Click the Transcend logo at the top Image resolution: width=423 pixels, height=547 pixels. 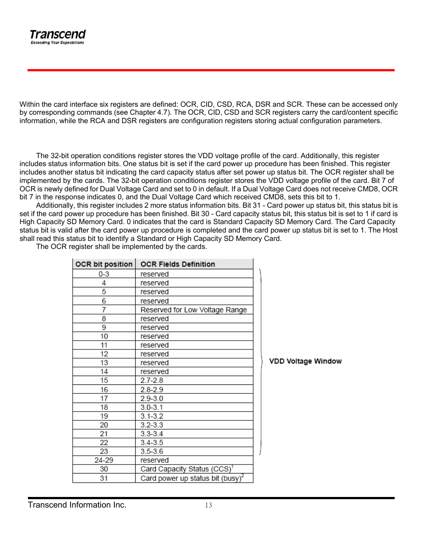click(58, 35)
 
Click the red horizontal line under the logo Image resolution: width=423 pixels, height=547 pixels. click(211, 70)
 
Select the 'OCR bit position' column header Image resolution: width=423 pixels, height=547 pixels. click(104, 264)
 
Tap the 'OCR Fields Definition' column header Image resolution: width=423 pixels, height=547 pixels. click(177, 264)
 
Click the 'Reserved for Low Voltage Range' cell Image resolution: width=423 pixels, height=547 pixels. click(193, 310)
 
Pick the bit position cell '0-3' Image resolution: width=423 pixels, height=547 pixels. click(104, 274)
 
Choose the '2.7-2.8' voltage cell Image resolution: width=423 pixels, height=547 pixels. click(152, 380)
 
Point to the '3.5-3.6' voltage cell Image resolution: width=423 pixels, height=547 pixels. click(152, 451)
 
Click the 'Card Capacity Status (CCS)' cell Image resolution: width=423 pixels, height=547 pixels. click(186, 469)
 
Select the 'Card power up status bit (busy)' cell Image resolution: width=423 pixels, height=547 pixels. click(192, 478)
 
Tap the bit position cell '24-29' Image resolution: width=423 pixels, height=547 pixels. click(104, 460)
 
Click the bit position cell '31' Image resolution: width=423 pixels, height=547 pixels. click(104, 478)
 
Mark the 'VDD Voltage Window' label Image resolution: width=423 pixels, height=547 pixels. click(305, 361)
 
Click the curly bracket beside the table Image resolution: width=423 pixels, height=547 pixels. click(261, 361)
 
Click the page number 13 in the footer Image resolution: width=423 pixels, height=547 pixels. click(208, 505)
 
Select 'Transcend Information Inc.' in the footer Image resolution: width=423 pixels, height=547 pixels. click(77, 505)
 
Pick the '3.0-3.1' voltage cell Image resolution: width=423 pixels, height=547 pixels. click(152, 407)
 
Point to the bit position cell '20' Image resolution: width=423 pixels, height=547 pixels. click(104, 425)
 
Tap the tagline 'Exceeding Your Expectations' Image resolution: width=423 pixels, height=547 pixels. click(57, 43)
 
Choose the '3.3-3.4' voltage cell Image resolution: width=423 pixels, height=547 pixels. click(152, 434)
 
